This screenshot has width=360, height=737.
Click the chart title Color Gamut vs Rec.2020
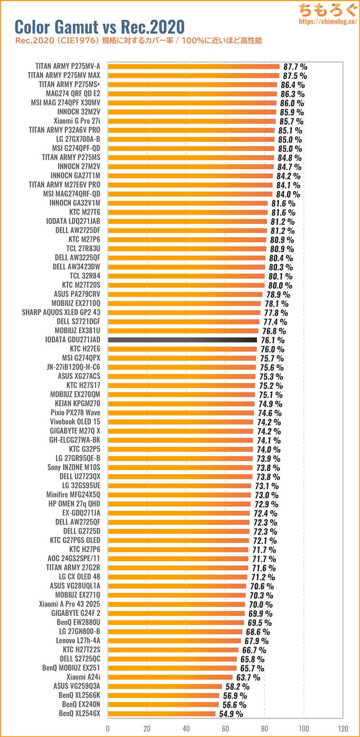pyautogui.click(x=99, y=27)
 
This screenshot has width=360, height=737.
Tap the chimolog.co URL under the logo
pyautogui.click(x=328, y=21)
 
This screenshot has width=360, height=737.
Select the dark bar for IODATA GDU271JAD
pyautogui.click(x=182, y=340)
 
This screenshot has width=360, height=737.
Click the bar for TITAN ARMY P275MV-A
pyautogui.click(x=193, y=67)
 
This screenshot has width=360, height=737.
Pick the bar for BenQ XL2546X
pyautogui.click(x=162, y=714)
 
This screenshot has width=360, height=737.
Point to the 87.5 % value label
pyautogui.click(x=295, y=76)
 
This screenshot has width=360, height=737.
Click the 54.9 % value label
pyautogui.click(x=231, y=714)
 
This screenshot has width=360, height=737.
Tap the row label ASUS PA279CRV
pyautogui.click(x=77, y=294)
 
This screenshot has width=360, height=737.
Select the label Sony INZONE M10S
pyautogui.click(x=74, y=467)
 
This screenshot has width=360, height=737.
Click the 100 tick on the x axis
pyautogui.click(x=304, y=728)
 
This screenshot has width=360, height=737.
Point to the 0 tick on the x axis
pyautogui.click(x=108, y=728)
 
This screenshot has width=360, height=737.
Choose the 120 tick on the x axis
pyautogui.click(x=343, y=728)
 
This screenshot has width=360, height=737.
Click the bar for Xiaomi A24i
pyautogui.click(x=170, y=677)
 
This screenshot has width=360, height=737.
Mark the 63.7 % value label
pyautogui.click(x=248, y=677)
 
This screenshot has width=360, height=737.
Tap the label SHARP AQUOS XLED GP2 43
pyautogui.click(x=61, y=312)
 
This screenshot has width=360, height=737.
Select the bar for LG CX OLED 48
pyautogui.click(x=177, y=577)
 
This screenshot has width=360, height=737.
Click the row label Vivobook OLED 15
pyautogui.click(x=75, y=422)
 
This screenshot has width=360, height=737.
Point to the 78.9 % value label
pyautogui.click(x=278, y=295)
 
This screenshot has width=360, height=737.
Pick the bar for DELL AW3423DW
pyautogui.click(x=186, y=267)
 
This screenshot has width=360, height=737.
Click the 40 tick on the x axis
pyautogui.click(x=186, y=728)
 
